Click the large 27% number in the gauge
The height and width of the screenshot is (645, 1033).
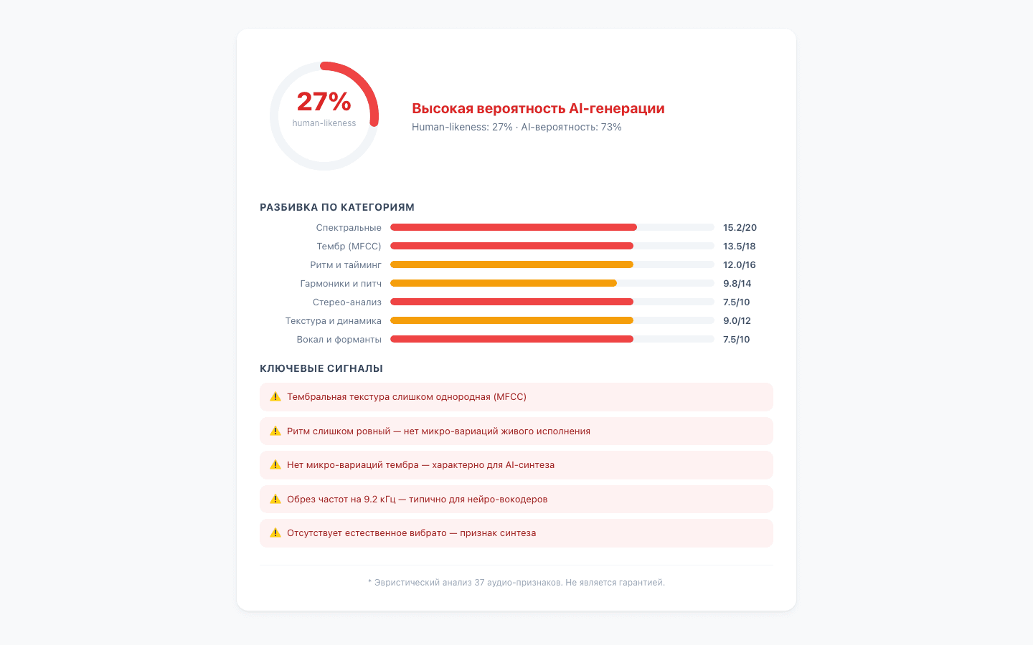(324, 102)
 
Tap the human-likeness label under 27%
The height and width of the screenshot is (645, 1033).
(324, 123)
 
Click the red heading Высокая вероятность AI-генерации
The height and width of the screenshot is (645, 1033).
(538, 108)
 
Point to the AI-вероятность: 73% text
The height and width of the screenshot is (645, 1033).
(571, 127)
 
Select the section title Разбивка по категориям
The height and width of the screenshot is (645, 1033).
(337, 207)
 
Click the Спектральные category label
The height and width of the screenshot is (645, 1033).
(349, 228)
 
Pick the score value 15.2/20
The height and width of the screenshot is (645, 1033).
(740, 228)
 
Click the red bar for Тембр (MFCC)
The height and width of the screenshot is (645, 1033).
(511, 246)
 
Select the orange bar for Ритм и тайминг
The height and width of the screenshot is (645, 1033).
(511, 264)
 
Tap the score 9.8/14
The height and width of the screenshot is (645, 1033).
(737, 284)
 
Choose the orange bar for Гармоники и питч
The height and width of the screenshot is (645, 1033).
(503, 283)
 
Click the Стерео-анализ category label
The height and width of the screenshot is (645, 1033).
(346, 302)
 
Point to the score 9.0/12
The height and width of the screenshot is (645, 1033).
(737, 321)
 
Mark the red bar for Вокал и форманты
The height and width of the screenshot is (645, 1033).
(511, 339)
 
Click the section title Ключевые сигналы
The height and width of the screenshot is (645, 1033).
(321, 368)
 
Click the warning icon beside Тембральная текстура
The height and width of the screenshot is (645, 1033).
(275, 397)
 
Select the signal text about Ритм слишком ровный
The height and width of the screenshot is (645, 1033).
(438, 431)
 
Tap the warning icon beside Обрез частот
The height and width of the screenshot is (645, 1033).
(275, 500)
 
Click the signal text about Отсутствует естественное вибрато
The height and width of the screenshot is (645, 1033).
(411, 533)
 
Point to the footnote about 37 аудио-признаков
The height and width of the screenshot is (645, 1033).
(516, 583)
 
